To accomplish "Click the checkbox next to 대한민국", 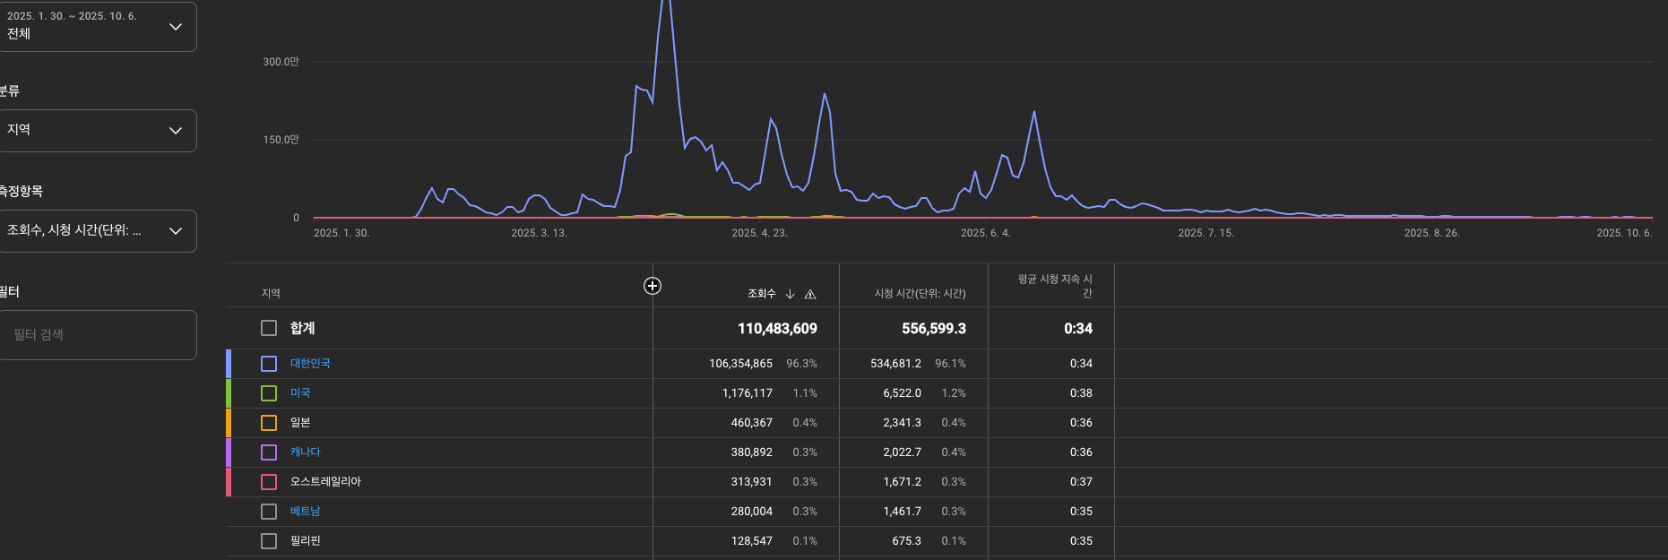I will (269, 364).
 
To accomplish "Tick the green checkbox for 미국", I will (269, 393).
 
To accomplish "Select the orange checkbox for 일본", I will (269, 423).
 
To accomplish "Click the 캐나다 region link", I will (305, 452).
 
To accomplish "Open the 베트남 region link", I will (305, 512).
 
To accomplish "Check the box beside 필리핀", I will (269, 541).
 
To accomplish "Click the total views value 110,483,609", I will (777, 329).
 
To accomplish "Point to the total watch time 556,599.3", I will (933, 329).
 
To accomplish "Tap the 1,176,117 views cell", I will (747, 393).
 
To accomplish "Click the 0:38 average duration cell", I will (1081, 393).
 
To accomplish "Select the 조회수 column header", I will (762, 294).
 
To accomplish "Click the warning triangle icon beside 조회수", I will (810, 294).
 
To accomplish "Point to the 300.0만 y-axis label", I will (281, 62).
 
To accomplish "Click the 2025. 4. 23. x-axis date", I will (759, 233).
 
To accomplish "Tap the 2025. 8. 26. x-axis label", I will (1431, 233).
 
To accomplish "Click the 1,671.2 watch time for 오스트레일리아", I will (902, 482).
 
